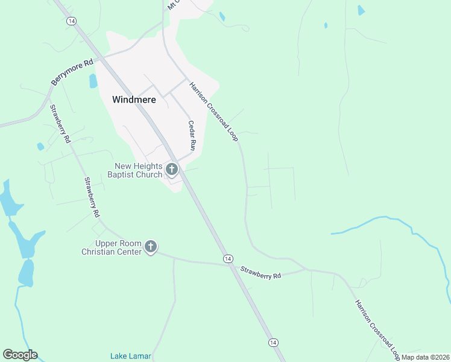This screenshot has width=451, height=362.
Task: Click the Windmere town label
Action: click(134, 100)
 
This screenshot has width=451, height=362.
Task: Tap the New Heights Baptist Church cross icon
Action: click(172, 170)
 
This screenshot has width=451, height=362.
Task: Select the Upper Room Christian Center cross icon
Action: click(151, 247)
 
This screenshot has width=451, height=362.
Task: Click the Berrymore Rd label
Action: click(72, 72)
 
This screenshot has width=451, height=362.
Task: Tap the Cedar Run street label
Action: click(192, 136)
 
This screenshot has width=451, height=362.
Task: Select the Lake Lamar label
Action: click(130, 355)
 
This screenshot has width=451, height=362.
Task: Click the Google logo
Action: click(20, 355)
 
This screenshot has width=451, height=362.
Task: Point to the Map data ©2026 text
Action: click(426, 357)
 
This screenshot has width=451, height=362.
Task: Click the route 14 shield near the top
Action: click(72, 21)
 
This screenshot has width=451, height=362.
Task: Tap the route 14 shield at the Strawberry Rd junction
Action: click(227, 258)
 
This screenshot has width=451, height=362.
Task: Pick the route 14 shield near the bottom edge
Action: click(274, 342)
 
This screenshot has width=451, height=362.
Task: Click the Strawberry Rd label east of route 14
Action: click(261, 272)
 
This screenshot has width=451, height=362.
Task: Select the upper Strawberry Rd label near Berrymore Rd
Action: click(58, 124)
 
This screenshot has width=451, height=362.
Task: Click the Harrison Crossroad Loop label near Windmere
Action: click(214, 112)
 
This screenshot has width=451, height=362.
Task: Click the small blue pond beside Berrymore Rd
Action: click(93, 81)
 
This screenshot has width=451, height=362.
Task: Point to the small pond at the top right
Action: click(361, 10)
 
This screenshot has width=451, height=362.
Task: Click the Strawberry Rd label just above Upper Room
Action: click(92, 197)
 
